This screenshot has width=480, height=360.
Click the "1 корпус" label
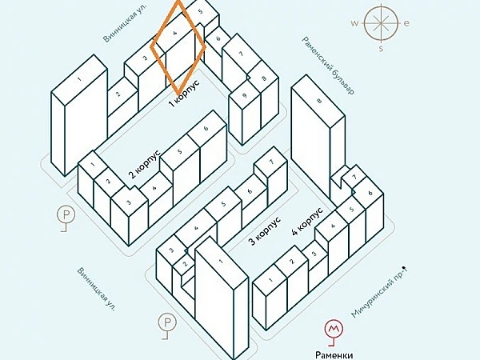pos(184,93)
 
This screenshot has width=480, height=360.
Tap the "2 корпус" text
pos(145,164)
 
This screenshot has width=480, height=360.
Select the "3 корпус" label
pos(265,231)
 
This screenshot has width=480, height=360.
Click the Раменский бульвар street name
pos(329,66)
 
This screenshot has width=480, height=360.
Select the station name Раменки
pos(334,355)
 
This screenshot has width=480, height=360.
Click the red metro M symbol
pos(334,329)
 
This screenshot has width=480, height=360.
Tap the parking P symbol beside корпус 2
pos(66,214)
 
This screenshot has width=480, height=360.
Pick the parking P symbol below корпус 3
pos(167,322)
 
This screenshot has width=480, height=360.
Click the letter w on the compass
pos(354,23)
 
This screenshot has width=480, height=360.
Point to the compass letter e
pos(407,23)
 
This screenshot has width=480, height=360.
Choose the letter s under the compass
pos(381,48)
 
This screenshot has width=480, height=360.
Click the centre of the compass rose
pos(381,23)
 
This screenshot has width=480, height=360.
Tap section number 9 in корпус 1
pos(244,95)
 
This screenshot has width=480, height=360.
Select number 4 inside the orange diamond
pos(175,33)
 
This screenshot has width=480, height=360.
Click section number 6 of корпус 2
pos(206,128)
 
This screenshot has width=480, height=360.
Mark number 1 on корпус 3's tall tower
pos(221,262)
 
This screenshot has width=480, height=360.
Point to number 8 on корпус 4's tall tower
pos(319,100)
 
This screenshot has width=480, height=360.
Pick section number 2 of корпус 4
pos(292,262)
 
